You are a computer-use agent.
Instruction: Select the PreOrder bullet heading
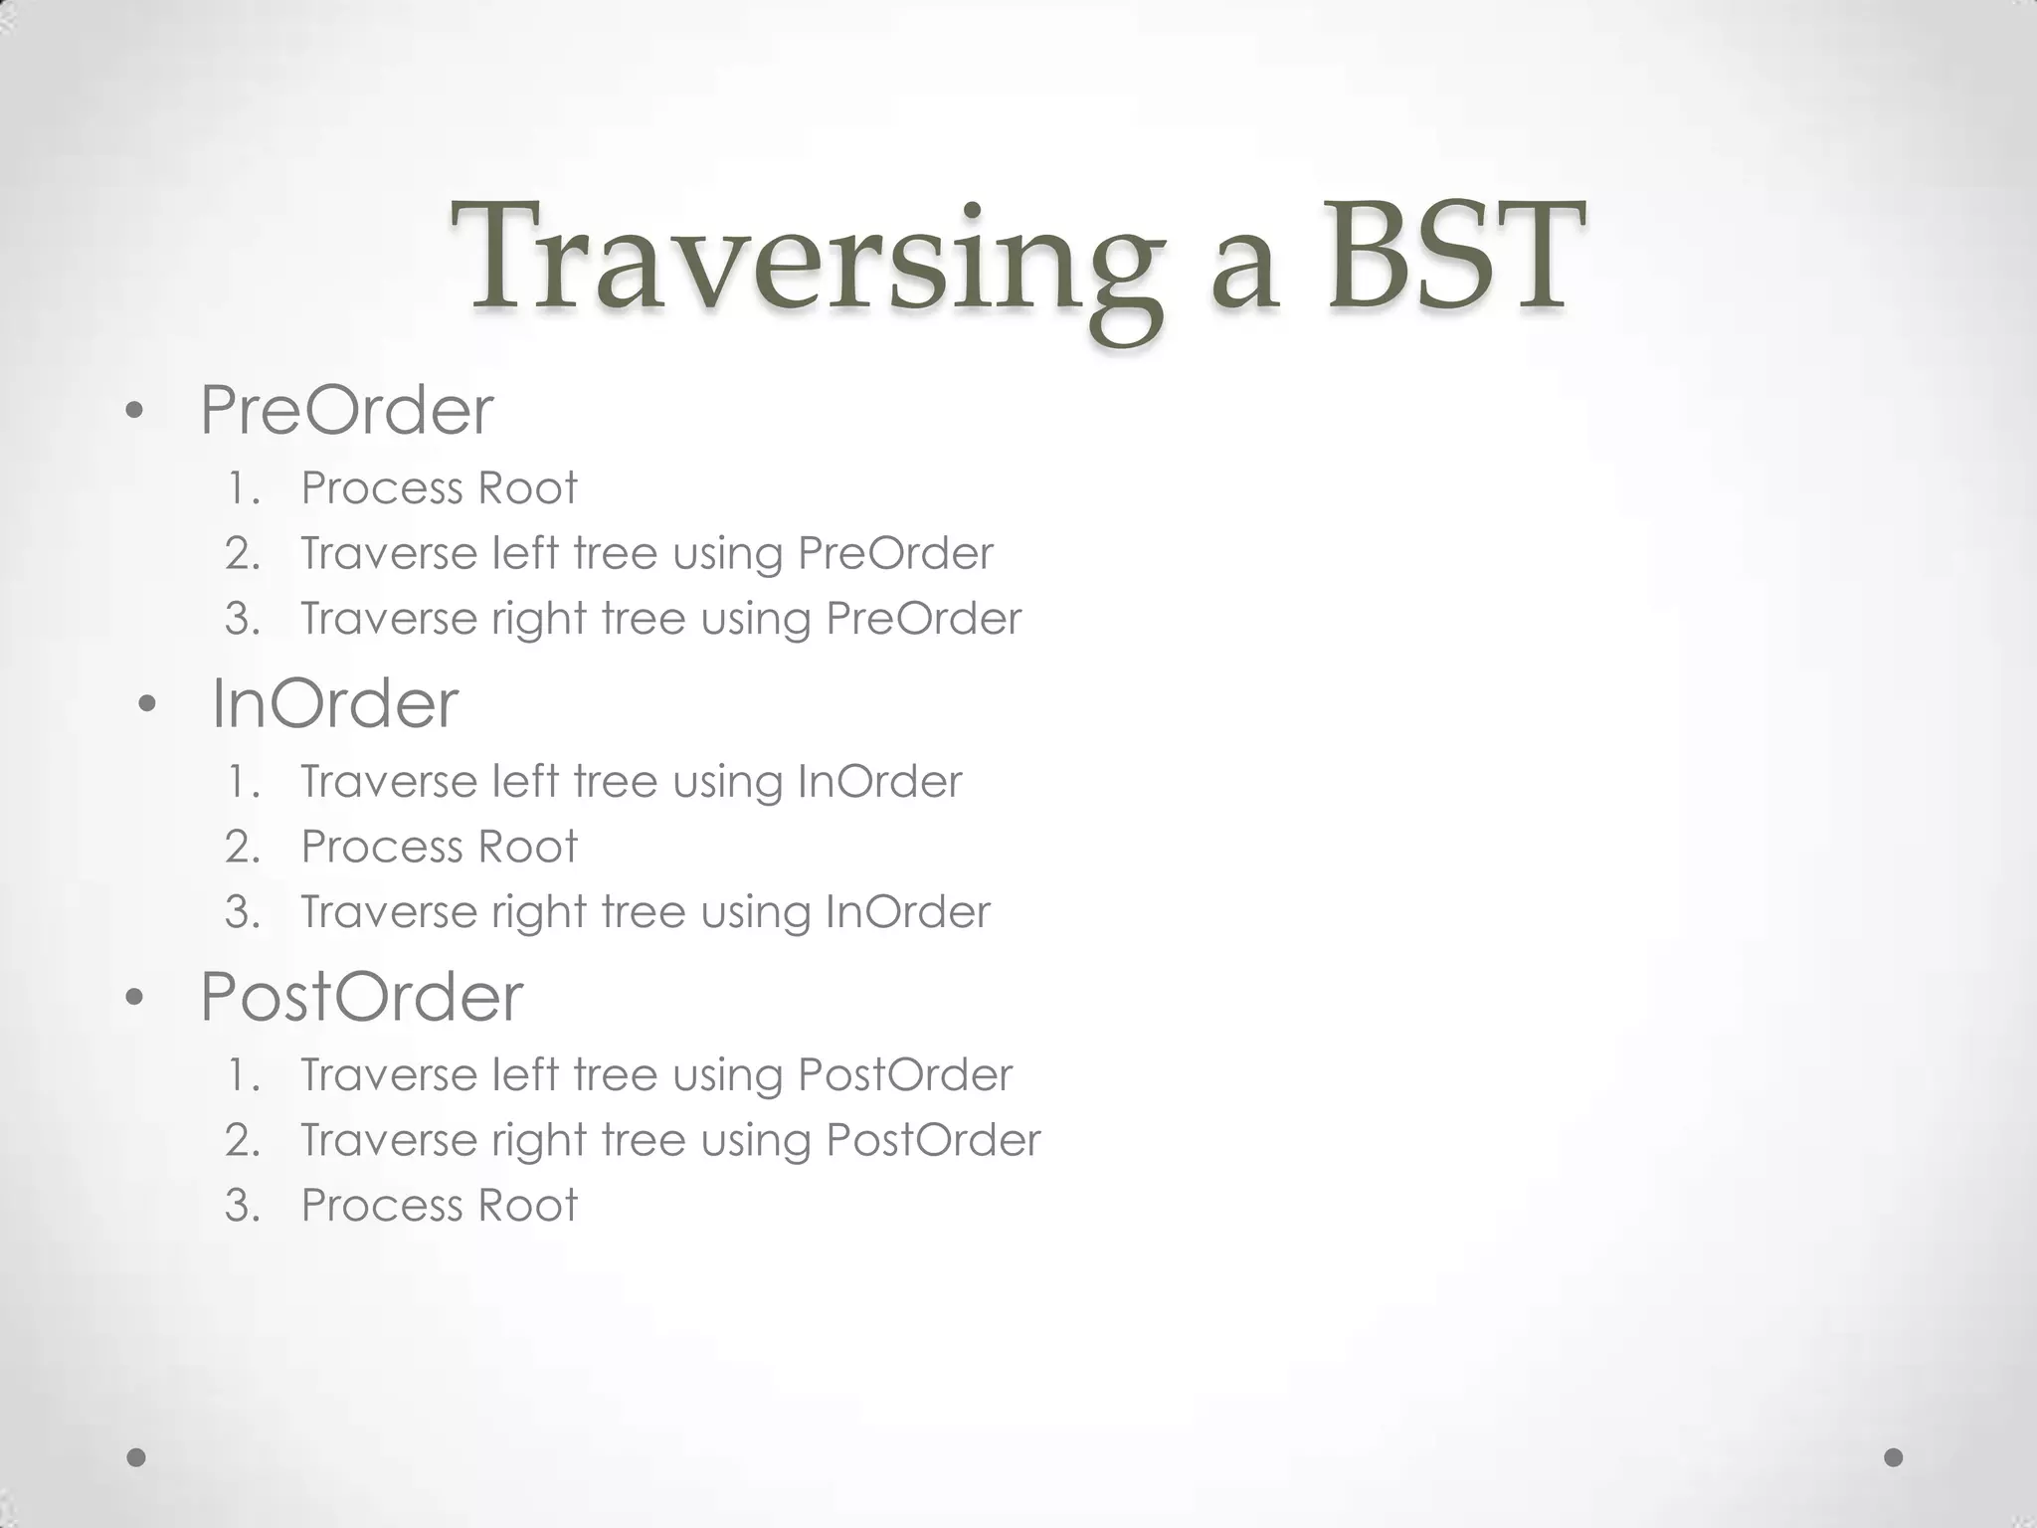(346, 410)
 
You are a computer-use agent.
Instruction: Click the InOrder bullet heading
(335, 704)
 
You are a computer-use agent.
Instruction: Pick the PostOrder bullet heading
(361, 997)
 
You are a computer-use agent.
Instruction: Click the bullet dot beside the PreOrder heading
(136, 411)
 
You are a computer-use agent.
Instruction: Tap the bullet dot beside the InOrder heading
(148, 705)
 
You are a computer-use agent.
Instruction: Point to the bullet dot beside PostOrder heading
(136, 998)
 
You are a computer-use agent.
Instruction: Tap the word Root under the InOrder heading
(527, 847)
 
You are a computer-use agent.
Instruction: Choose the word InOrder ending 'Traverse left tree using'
(879, 782)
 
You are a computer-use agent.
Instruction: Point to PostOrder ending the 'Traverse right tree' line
(933, 1140)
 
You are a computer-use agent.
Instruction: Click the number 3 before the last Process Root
(243, 1206)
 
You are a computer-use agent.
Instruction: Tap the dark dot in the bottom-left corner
(137, 1457)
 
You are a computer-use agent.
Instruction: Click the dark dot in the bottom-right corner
(1894, 1457)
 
